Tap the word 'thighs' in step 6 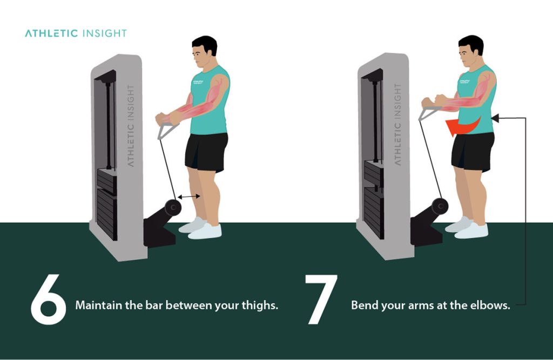pyautogui.click(x=260, y=305)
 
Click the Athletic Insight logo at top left pyautogui.click(x=76, y=33)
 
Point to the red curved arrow pyautogui.click(x=462, y=126)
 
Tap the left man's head pyautogui.click(x=205, y=51)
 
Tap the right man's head pyautogui.click(x=470, y=51)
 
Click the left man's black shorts pyautogui.click(x=206, y=151)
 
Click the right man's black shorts pyautogui.click(x=473, y=151)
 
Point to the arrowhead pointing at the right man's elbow pyautogui.click(x=496, y=117)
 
